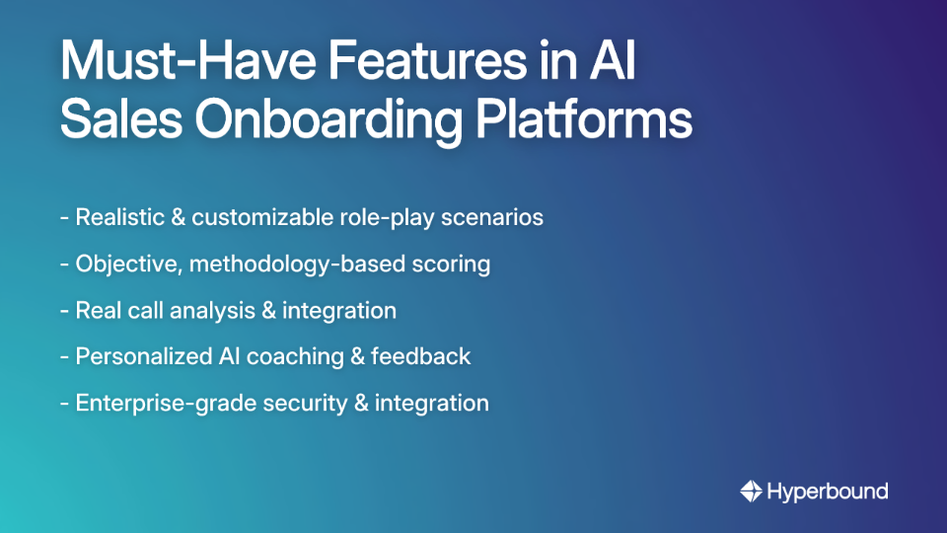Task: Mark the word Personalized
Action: click(x=138, y=357)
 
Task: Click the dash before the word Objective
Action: click(x=64, y=265)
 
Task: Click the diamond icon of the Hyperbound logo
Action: click(x=751, y=491)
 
